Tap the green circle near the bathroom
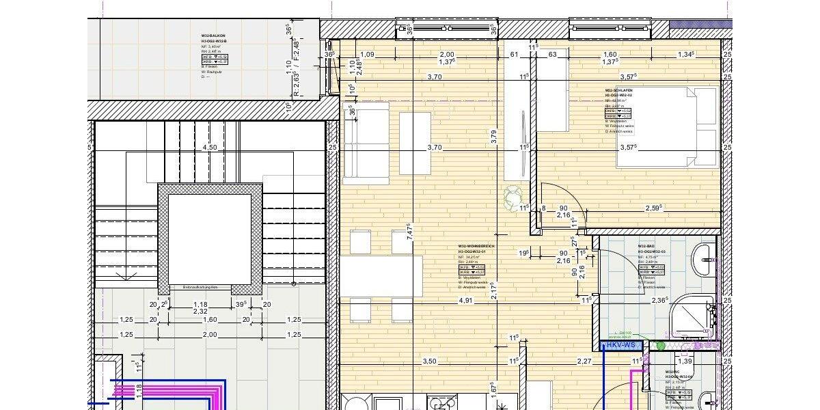[x=660, y=346]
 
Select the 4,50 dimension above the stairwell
[x=210, y=147]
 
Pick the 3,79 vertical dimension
[x=494, y=137]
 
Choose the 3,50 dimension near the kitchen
[x=429, y=361]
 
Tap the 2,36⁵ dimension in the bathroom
[x=659, y=300]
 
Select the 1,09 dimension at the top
[x=367, y=55]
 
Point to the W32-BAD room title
[x=647, y=246]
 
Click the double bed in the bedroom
[x=666, y=126]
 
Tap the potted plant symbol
[x=512, y=199]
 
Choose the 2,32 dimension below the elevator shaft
[x=200, y=311]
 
